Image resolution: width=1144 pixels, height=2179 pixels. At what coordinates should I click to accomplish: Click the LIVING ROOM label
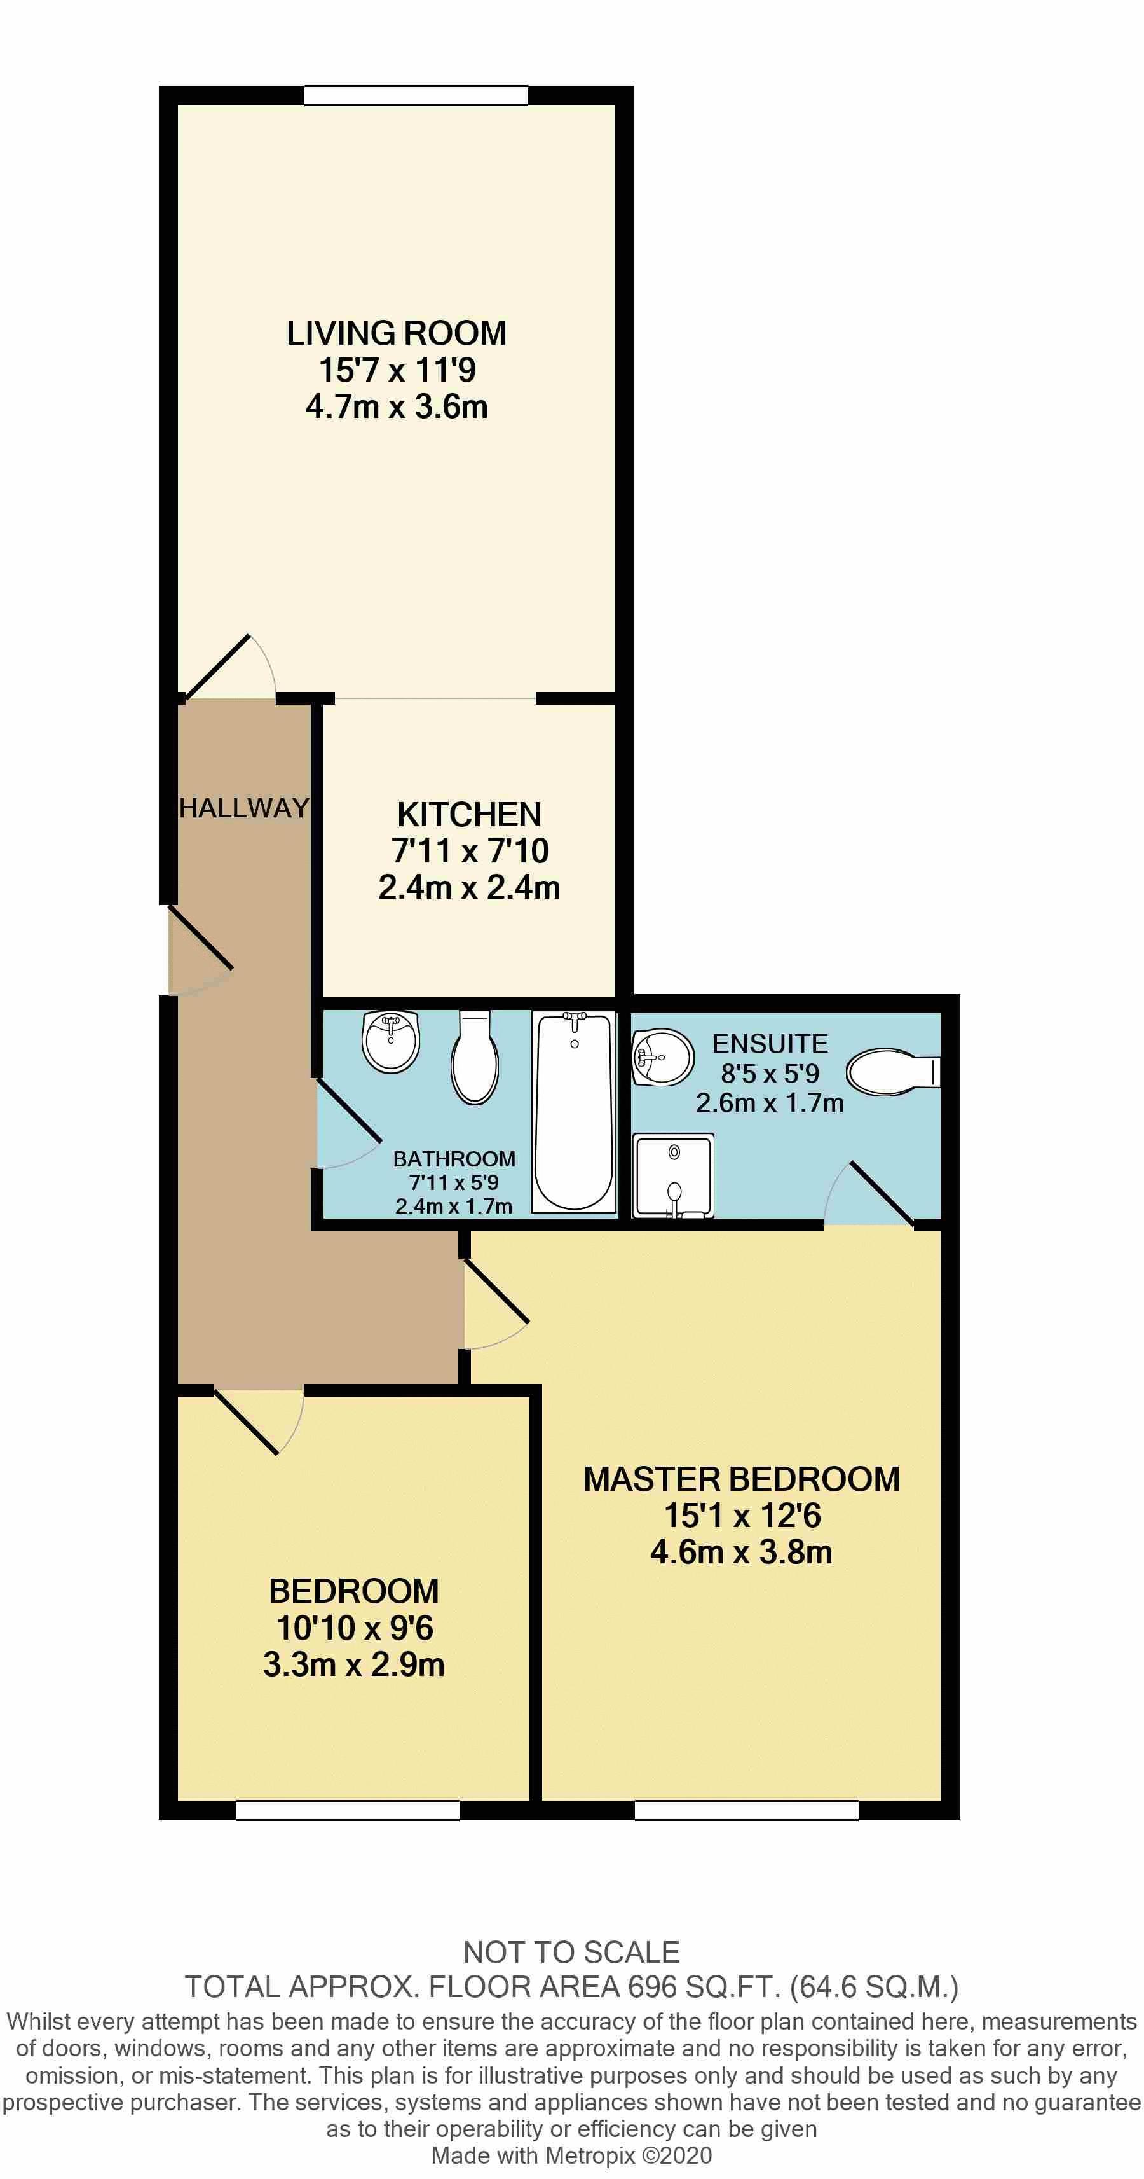point(396,333)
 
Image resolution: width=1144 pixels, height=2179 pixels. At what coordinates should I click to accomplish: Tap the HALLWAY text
point(243,808)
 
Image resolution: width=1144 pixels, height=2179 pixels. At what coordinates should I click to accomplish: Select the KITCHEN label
point(469,815)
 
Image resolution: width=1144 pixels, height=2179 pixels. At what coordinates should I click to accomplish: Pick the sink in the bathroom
point(391,1041)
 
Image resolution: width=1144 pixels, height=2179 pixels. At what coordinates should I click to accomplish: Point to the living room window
point(416,95)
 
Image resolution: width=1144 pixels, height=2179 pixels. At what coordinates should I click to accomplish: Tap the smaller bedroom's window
point(348,1810)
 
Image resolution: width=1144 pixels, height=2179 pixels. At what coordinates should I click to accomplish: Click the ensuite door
point(880,1194)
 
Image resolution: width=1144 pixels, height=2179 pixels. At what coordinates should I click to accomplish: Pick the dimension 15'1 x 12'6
point(742,1516)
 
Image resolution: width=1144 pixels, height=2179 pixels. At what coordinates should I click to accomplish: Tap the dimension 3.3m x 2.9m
point(353,1664)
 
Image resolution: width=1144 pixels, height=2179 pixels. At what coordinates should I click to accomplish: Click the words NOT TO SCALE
point(571,1953)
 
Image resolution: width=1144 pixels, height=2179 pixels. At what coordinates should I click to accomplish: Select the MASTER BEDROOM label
point(742,1479)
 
